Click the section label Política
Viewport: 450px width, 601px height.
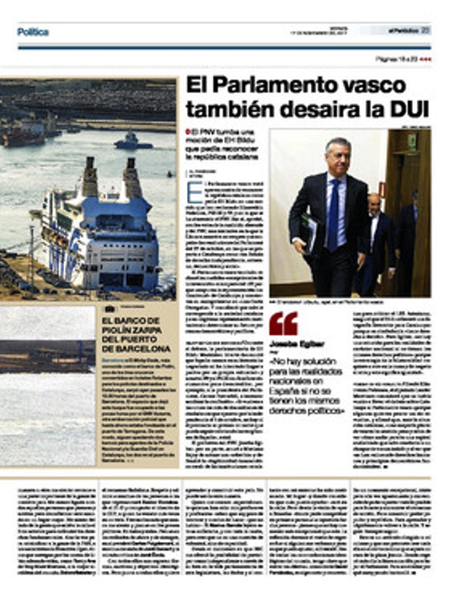click(33, 32)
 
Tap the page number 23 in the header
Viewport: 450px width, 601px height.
click(425, 30)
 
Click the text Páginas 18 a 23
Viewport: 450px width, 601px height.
click(397, 59)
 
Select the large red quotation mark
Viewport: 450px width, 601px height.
click(283, 323)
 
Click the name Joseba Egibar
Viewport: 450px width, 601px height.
click(292, 344)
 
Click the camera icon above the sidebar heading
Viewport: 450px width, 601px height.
click(109, 309)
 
